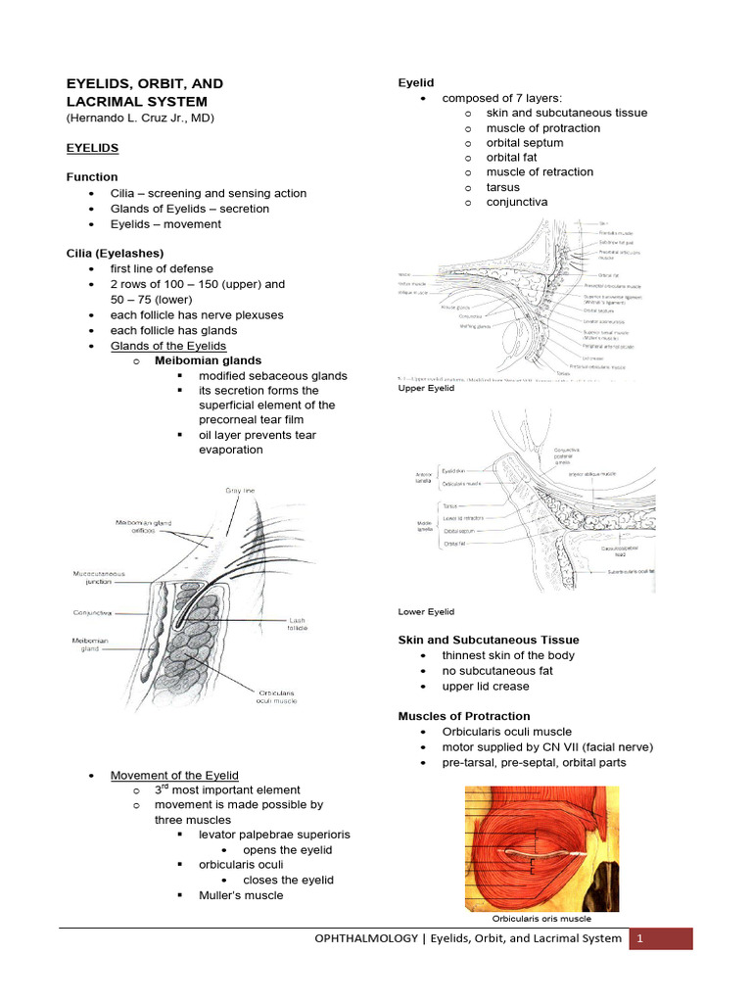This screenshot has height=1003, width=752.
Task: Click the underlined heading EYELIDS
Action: point(92,148)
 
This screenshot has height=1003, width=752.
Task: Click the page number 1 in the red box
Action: point(639,938)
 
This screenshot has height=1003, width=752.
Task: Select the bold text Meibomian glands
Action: point(208,360)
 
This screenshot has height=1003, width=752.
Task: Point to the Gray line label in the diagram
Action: point(240,489)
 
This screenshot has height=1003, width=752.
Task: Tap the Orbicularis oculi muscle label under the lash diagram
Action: point(280,696)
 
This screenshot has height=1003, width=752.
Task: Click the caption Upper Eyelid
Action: point(426,389)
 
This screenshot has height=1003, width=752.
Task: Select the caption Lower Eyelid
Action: point(426,611)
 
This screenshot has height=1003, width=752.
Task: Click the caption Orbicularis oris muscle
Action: point(540,919)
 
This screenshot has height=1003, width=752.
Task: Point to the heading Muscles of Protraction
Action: point(463,716)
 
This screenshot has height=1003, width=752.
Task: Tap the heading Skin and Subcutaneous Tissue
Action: point(488,640)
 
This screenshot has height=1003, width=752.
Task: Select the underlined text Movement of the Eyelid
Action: point(174,775)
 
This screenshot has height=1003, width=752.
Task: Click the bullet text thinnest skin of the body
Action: point(508,655)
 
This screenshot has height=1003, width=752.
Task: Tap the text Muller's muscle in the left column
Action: point(241,895)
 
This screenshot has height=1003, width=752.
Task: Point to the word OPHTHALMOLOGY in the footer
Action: point(358,938)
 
